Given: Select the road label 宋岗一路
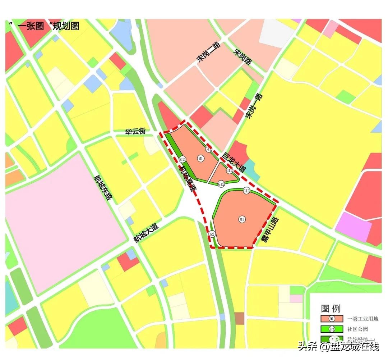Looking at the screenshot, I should [254, 107].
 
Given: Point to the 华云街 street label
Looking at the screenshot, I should [135, 132].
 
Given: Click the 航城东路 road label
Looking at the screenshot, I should [103, 188].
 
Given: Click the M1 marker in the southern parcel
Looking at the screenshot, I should [242, 219].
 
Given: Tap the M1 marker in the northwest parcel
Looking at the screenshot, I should [200, 158].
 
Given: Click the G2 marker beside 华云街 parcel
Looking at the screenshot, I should [183, 160].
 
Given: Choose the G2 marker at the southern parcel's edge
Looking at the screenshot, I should [212, 234].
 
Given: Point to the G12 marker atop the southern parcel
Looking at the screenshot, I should [246, 191].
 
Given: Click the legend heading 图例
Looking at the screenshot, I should [331, 308].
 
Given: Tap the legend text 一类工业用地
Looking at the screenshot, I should [363, 319].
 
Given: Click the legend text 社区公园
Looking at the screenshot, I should [357, 329].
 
